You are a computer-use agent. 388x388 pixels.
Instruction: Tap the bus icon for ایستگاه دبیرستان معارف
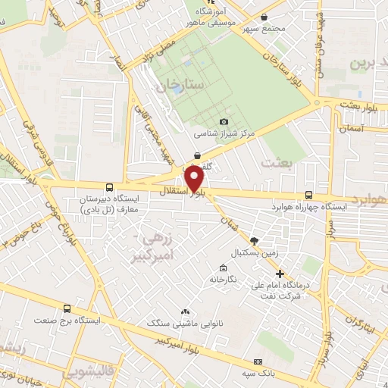coord(110,187)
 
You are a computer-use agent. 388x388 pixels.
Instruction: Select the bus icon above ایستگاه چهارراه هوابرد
coord(307,194)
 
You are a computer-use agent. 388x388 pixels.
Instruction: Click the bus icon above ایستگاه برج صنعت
coord(67,308)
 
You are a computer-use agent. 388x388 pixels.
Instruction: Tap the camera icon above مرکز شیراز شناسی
coord(224,121)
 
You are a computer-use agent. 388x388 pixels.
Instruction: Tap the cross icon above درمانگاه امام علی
coord(280,274)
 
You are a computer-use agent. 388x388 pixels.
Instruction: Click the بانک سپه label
coord(257,371)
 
